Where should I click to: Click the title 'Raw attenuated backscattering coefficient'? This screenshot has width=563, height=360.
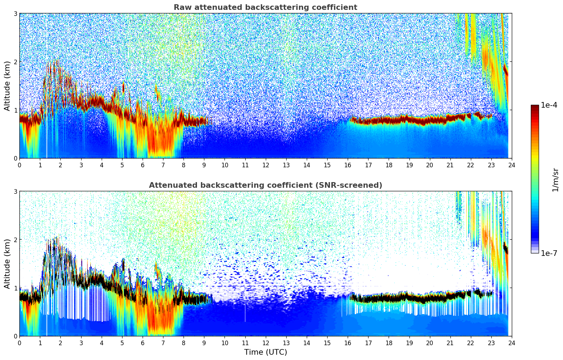click(265, 7)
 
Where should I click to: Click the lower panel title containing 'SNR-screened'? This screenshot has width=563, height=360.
click(265, 185)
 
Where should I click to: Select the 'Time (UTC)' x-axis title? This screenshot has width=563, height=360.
click(265, 352)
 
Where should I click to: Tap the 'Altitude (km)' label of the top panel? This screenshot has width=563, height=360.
click(7, 86)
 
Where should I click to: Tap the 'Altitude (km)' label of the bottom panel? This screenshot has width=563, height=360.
click(7, 264)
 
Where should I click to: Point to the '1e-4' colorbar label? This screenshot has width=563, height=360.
click(549, 105)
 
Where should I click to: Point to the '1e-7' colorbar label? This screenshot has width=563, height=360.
click(549, 253)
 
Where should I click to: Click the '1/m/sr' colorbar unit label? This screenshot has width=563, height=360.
click(555, 180)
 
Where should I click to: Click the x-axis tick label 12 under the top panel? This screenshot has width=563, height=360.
click(265, 165)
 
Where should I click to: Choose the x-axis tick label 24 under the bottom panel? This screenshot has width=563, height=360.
click(511, 343)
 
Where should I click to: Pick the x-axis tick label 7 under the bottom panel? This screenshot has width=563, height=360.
click(163, 343)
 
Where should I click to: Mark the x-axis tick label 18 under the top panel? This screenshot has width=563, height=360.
click(389, 165)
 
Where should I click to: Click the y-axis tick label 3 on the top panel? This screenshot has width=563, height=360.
click(15, 13)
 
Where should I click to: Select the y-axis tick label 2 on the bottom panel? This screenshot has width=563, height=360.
click(15, 240)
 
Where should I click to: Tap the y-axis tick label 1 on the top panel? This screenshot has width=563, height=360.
click(15, 110)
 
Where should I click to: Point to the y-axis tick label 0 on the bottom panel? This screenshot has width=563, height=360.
click(15, 336)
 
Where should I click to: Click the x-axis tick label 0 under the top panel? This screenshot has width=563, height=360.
click(19, 165)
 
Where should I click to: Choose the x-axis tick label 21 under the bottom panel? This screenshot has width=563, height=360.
click(450, 343)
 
